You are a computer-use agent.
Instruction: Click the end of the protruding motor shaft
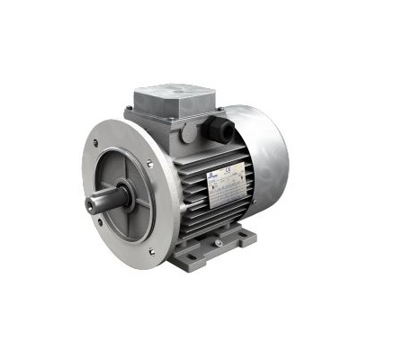pyautogui.click(x=91, y=204)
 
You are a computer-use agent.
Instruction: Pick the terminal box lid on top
pyautogui.click(x=174, y=94)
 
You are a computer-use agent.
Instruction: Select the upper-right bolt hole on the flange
pyautogui.click(x=149, y=163)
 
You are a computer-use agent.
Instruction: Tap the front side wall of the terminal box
pyautogui.click(x=162, y=121)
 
